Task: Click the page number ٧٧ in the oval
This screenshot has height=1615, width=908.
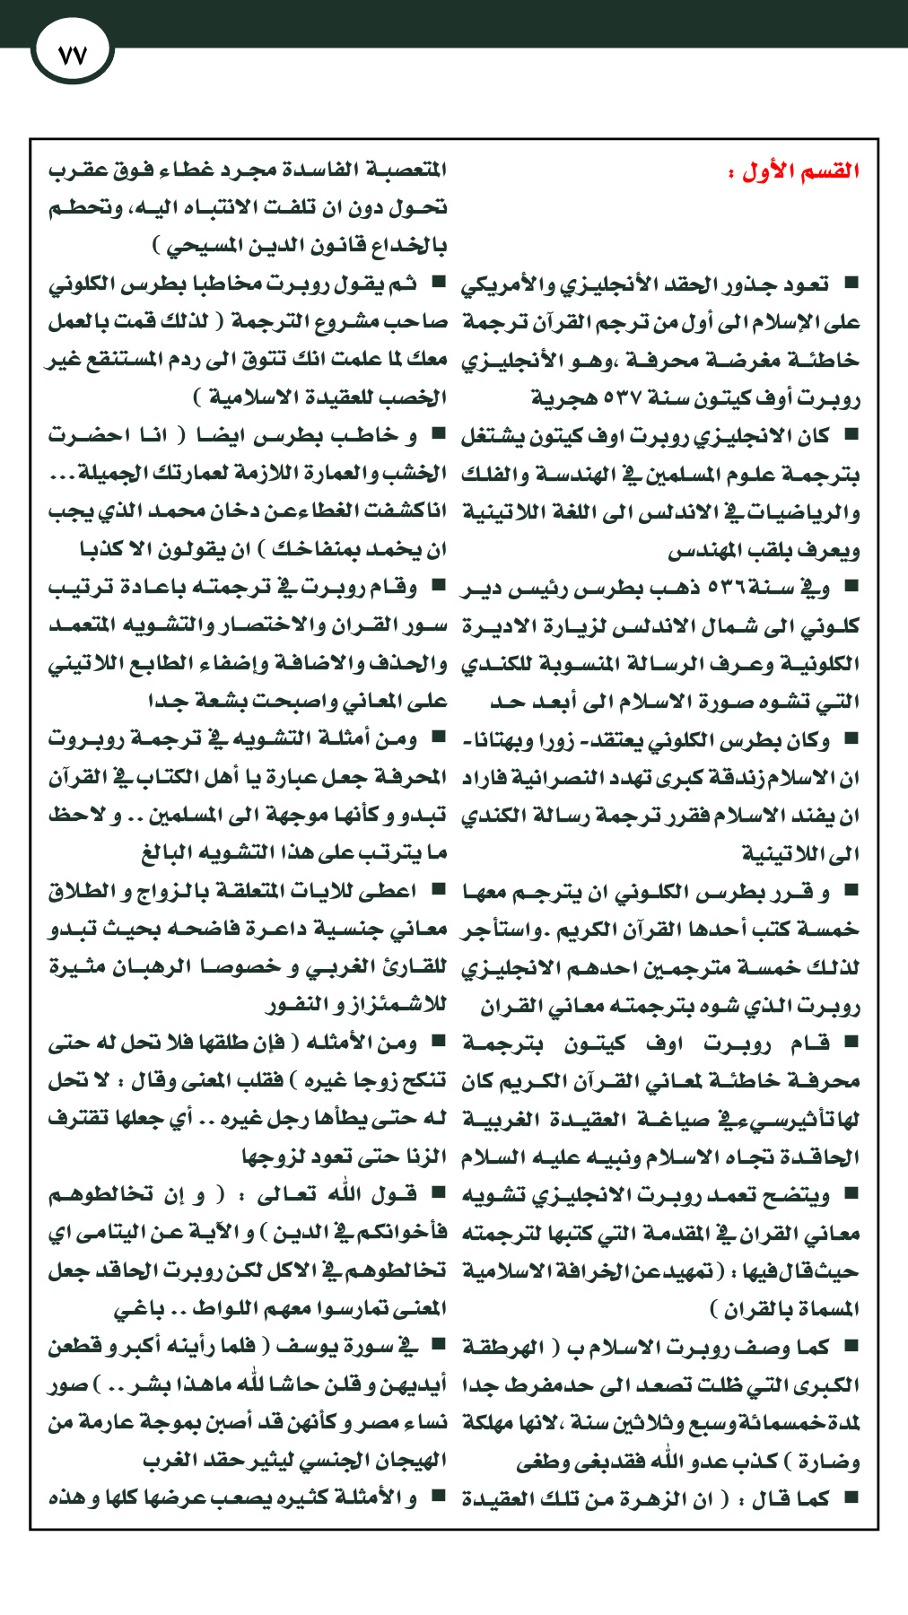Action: click(x=71, y=55)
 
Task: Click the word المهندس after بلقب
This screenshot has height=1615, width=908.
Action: click(x=703, y=550)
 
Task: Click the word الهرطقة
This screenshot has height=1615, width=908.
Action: click(x=503, y=1347)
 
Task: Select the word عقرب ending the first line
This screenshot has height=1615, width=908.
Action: click(x=77, y=170)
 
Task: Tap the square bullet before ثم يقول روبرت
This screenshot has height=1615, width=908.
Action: click(x=438, y=283)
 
